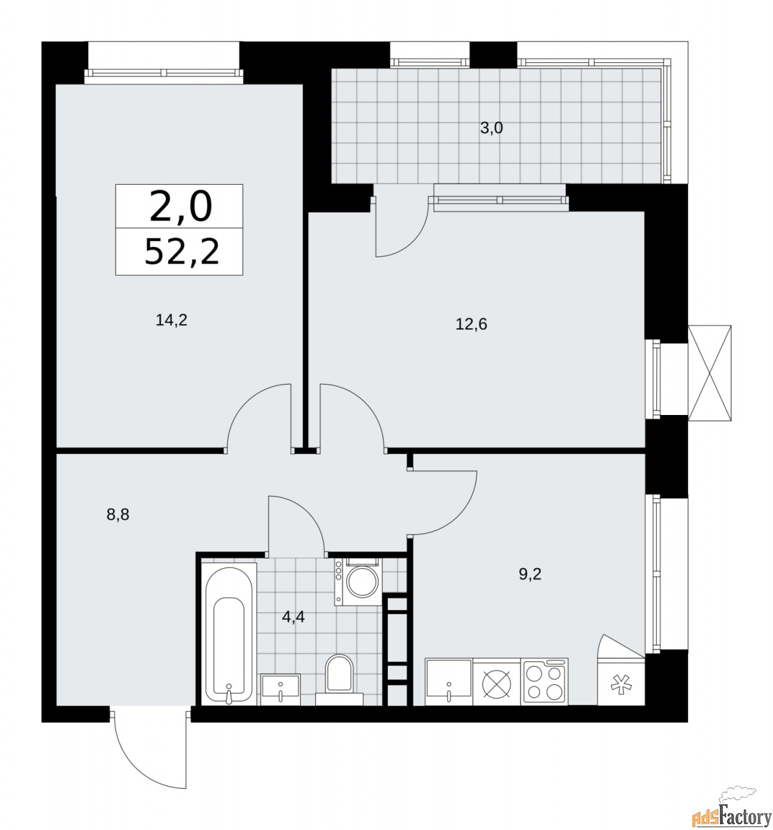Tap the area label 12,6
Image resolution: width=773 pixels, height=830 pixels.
click(x=471, y=324)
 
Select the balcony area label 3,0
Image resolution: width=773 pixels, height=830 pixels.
click(x=492, y=128)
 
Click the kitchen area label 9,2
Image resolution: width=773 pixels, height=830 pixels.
click(x=529, y=573)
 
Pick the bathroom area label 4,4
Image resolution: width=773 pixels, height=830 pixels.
click(x=293, y=616)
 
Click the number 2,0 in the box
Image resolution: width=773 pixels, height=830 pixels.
click(x=180, y=206)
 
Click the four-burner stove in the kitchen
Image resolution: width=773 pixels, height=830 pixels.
click(x=545, y=682)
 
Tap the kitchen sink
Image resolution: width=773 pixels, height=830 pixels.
click(x=449, y=682)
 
